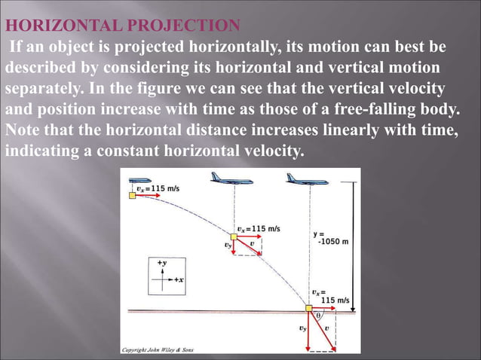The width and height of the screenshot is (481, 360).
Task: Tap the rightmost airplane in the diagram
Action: [300, 178]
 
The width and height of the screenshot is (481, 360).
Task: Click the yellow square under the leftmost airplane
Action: [132, 195]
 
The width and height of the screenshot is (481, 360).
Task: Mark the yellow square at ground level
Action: [308, 310]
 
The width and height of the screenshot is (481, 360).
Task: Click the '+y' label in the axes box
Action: [161, 263]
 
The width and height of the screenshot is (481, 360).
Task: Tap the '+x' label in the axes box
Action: [179, 279]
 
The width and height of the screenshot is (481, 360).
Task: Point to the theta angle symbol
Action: [319, 316]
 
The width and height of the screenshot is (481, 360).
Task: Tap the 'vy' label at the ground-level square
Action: [302, 328]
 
